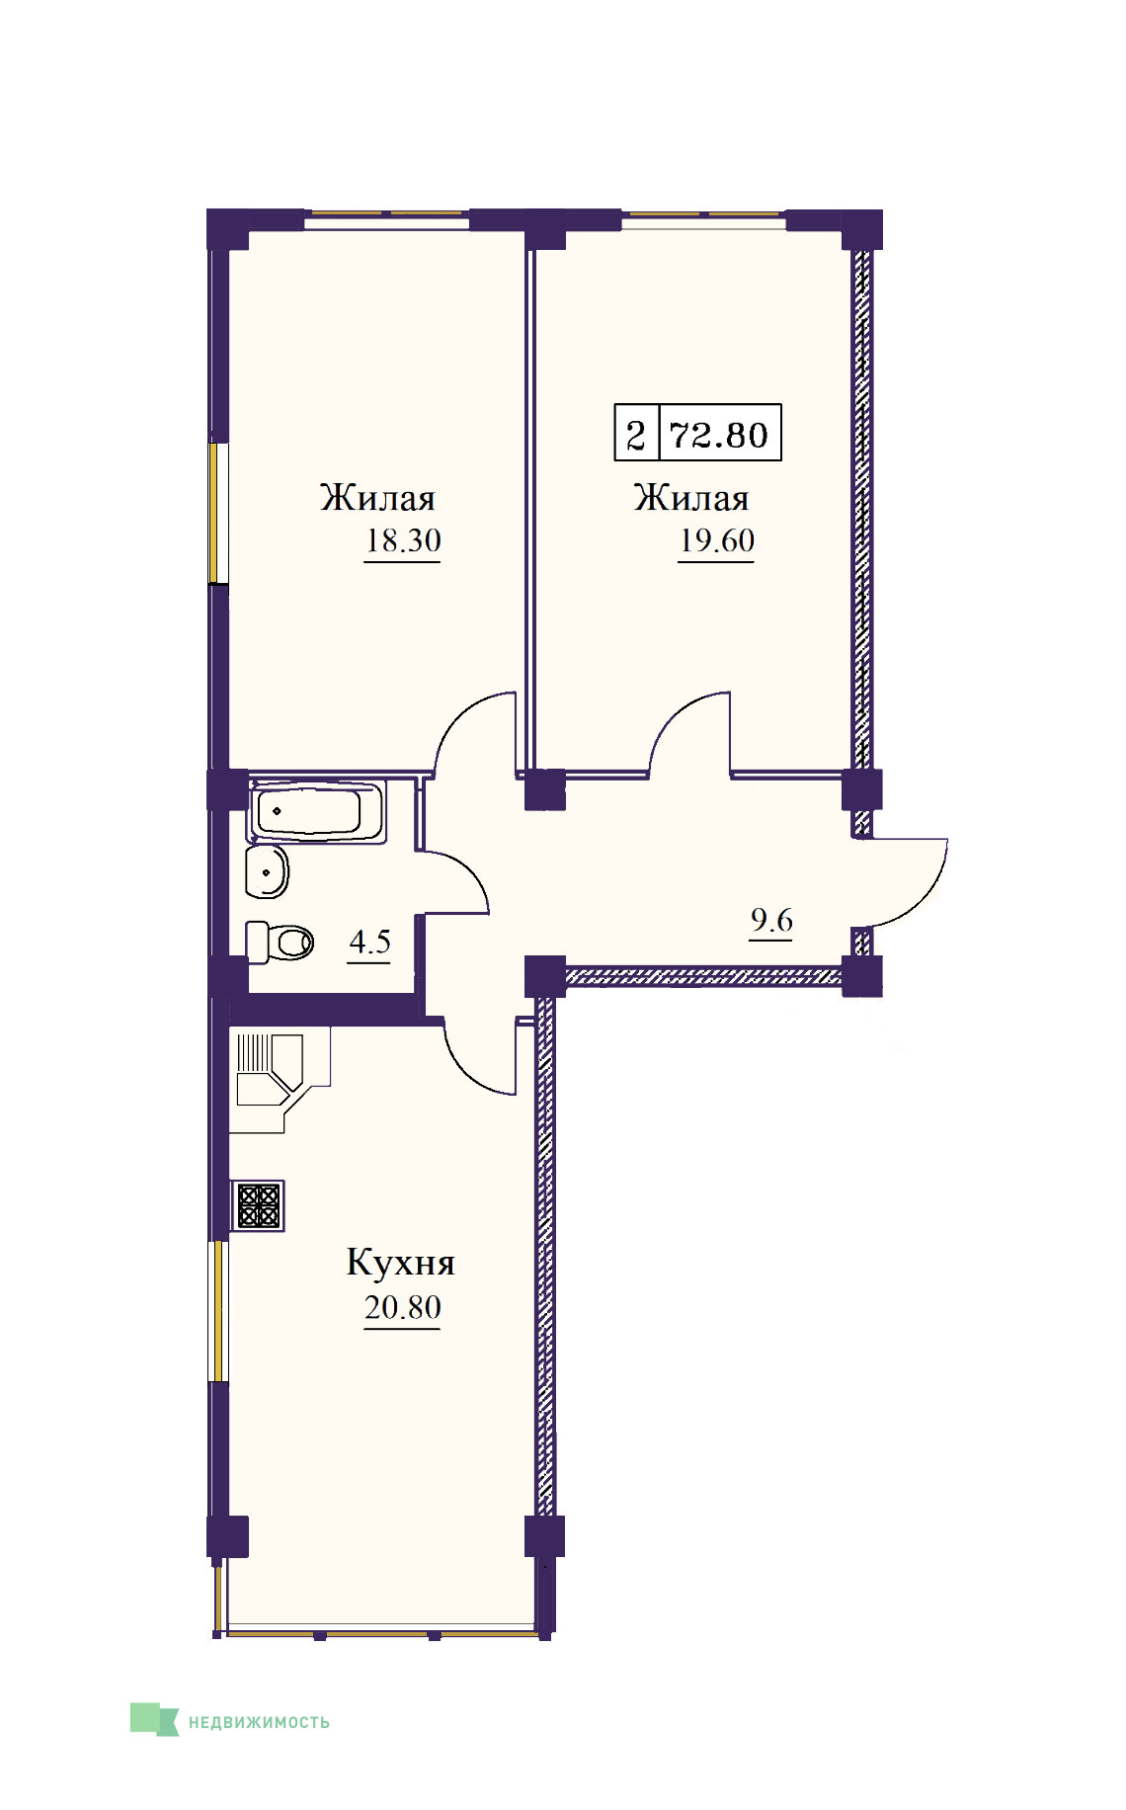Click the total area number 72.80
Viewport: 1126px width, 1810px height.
pyautogui.click(x=718, y=435)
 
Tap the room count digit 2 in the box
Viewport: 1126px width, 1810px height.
pyautogui.click(x=636, y=435)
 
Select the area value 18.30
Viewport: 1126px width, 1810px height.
pyautogui.click(x=403, y=540)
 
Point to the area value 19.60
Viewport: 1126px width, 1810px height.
pyautogui.click(x=717, y=540)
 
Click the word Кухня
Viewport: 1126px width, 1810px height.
pyautogui.click(x=400, y=1263)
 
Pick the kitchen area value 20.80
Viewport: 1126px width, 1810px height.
pyautogui.click(x=403, y=1307)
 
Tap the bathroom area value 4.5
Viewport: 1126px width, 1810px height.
pyautogui.click(x=369, y=942)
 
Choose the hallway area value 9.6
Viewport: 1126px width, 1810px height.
pyautogui.click(x=771, y=920)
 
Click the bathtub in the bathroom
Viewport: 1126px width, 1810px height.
pyautogui.click(x=318, y=812)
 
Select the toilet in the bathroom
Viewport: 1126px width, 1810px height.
pyautogui.click(x=280, y=942)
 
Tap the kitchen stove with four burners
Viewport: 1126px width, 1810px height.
pyautogui.click(x=258, y=1205)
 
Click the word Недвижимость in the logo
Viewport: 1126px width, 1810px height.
pyautogui.click(x=259, y=1722)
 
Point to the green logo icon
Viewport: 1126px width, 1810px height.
pyautogui.click(x=154, y=1719)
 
